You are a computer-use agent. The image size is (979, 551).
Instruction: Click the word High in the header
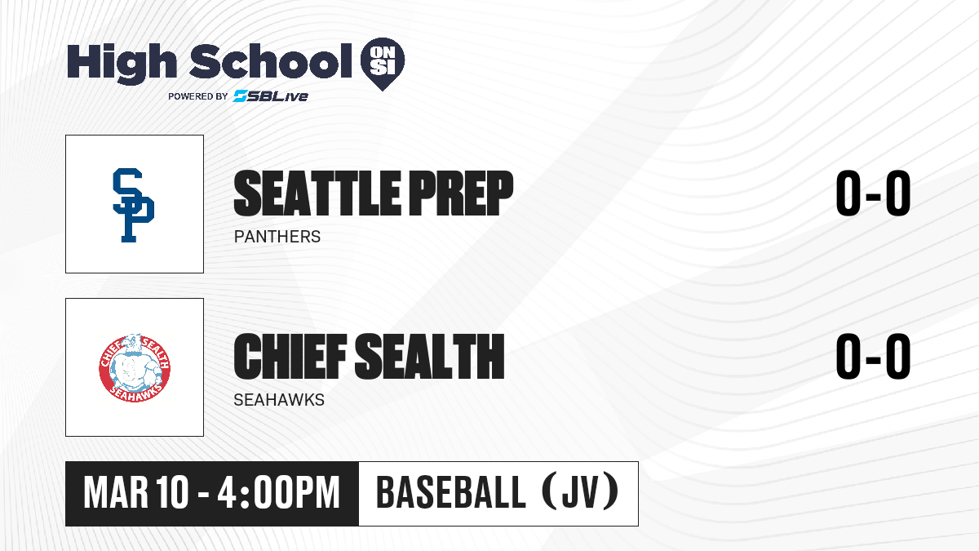tap(122, 64)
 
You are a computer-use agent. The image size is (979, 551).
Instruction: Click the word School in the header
tap(271, 60)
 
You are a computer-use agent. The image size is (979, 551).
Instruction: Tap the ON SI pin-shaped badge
tap(383, 64)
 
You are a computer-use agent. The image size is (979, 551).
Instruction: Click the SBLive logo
tap(270, 96)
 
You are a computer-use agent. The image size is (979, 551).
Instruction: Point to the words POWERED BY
tap(198, 96)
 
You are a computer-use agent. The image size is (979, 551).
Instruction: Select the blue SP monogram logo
tap(133, 205)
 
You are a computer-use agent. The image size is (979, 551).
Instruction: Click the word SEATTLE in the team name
tap(317, 193)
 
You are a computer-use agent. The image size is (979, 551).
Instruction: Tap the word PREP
tap(461, 193)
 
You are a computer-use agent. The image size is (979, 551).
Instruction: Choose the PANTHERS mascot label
tap(277, 237)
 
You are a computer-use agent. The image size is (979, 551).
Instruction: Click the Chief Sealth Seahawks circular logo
tap(135, 368)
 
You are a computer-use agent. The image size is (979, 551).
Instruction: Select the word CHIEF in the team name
tap(290, 357)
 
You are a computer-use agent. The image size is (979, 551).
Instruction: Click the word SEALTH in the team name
tap(430, 357)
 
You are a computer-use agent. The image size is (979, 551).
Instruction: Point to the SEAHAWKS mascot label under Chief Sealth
tap(279, 400)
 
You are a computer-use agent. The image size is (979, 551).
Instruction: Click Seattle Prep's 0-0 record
tap(873, 193)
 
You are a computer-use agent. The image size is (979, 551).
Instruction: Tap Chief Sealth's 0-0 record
tap(873, 357)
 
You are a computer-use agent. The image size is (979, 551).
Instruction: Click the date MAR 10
tap(136, 493)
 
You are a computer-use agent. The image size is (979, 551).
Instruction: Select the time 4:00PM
tap(278, 493)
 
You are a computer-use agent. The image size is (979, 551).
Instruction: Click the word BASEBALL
tap(450, 492)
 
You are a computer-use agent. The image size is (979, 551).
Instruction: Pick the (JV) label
tap(580, 492)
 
